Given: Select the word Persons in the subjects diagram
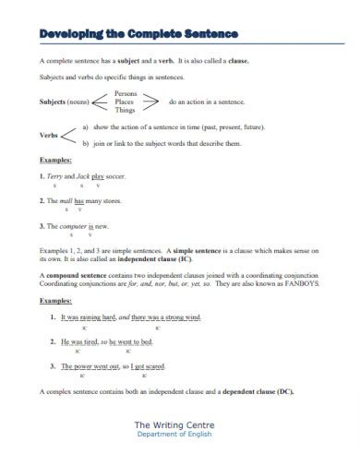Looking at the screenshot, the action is coord(126,93).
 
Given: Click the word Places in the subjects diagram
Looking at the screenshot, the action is coord(125,102).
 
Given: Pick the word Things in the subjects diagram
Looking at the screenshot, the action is coord(126,110).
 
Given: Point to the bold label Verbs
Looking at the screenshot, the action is coord(49,135).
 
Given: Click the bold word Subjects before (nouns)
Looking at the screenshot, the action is coord(55,102).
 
